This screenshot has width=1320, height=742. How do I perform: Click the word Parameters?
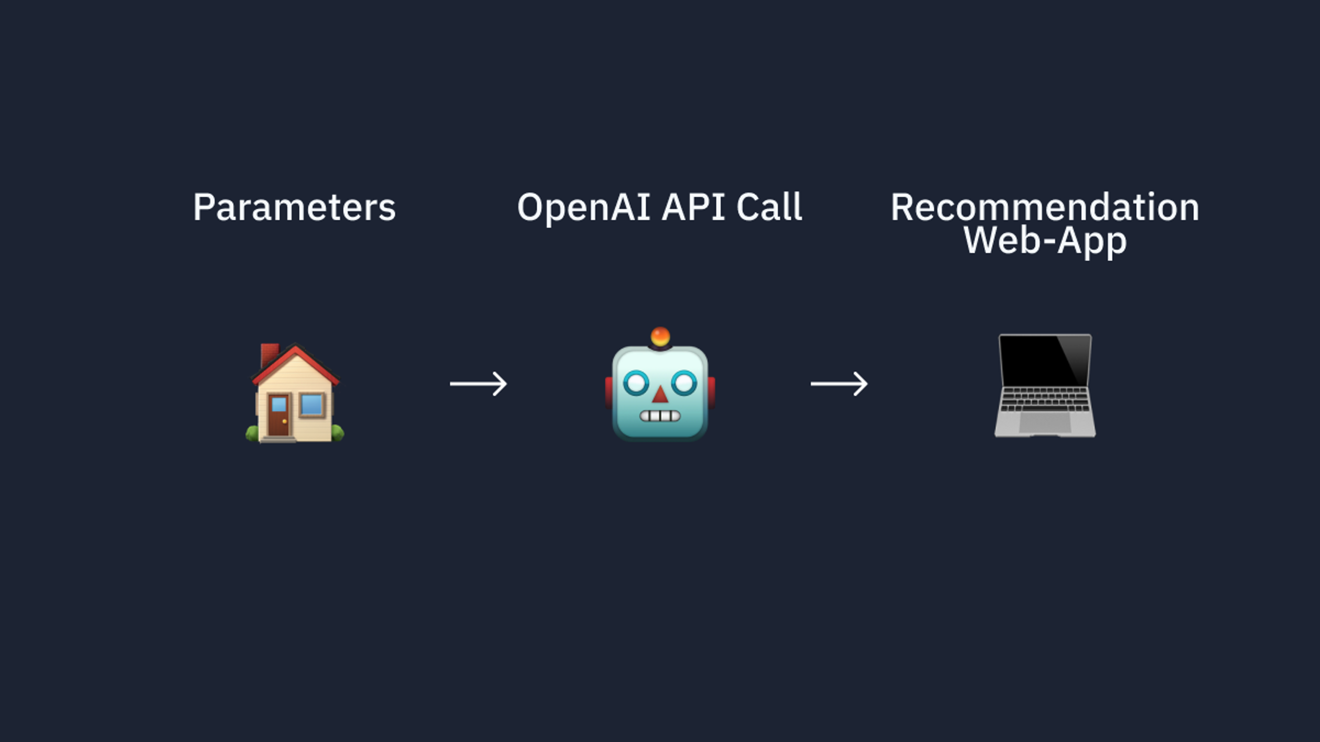click(294, 207)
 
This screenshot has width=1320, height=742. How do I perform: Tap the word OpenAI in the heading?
click(584, 208)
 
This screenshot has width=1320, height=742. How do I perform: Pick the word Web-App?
click(1045, 240)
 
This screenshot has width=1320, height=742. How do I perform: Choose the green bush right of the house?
click(337, 433)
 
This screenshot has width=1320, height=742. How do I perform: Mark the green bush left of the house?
click(252, 433)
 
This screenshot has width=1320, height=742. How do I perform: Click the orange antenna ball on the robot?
click(660, 336)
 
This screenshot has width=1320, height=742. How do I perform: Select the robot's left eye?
click(636, 383)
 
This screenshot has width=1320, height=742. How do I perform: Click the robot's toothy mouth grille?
click(660, 416)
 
